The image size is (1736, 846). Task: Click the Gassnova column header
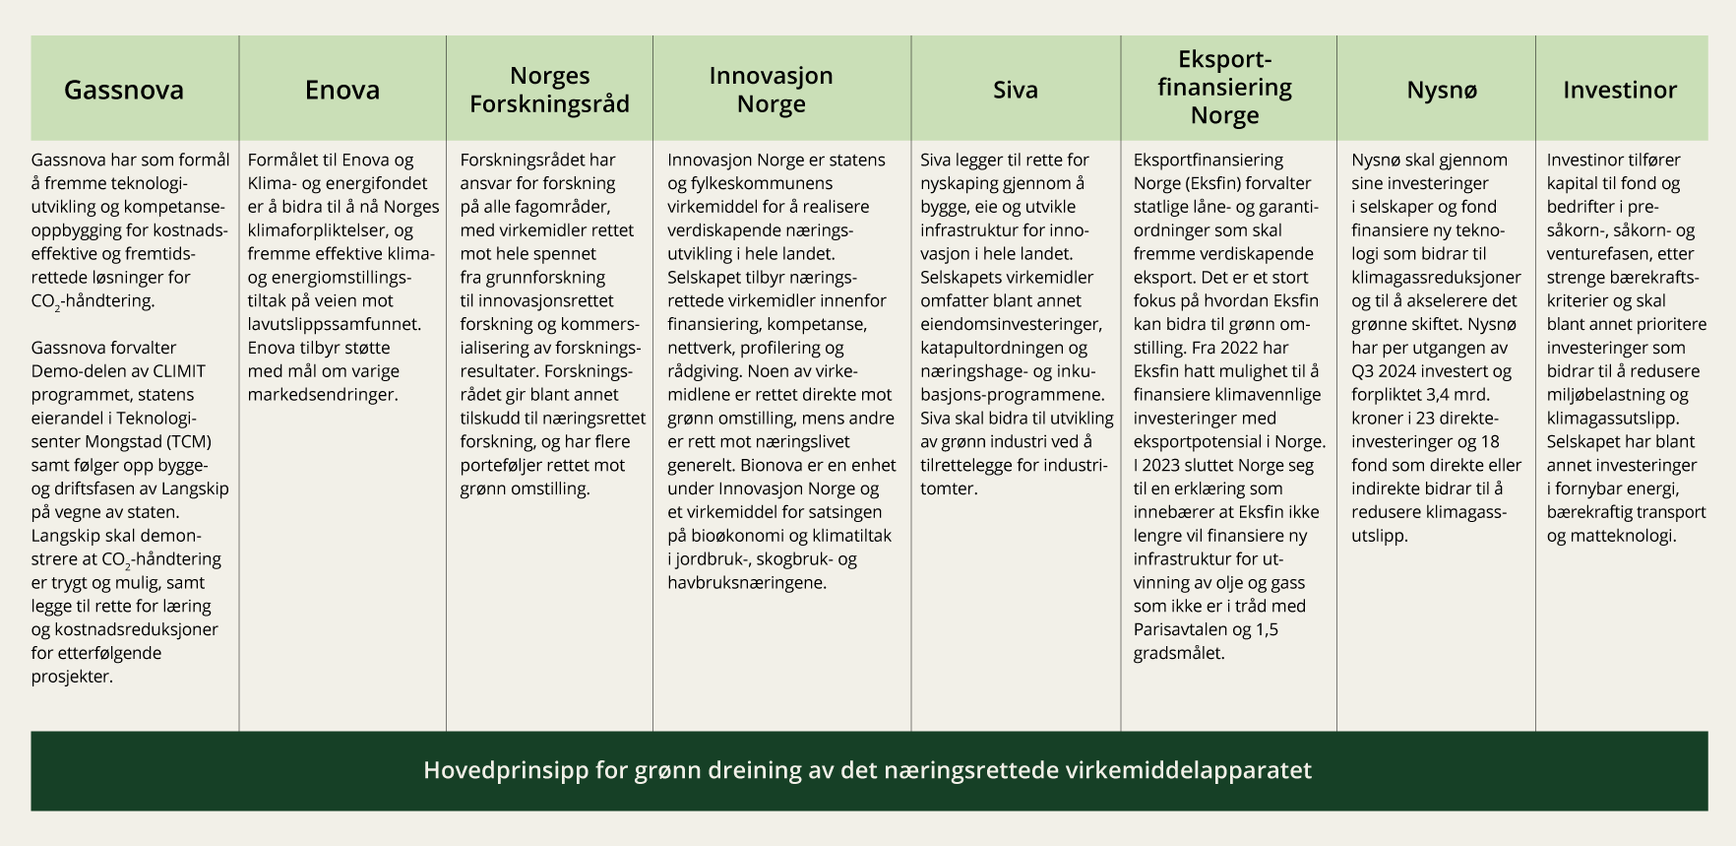[124, 90]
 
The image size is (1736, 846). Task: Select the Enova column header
[341, 90]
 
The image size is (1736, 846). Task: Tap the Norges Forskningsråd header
[549, 90]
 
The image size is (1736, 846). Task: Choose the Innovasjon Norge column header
[772, 90]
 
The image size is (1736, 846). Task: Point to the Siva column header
[1015, 90]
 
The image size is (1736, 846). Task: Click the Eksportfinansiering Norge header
[1224, 88]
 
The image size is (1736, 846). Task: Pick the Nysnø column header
[1441, 90]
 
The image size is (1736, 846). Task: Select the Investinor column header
[1620, 90]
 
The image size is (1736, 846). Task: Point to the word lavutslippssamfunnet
[333, 324]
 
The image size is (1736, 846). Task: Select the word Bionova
[780, 465]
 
